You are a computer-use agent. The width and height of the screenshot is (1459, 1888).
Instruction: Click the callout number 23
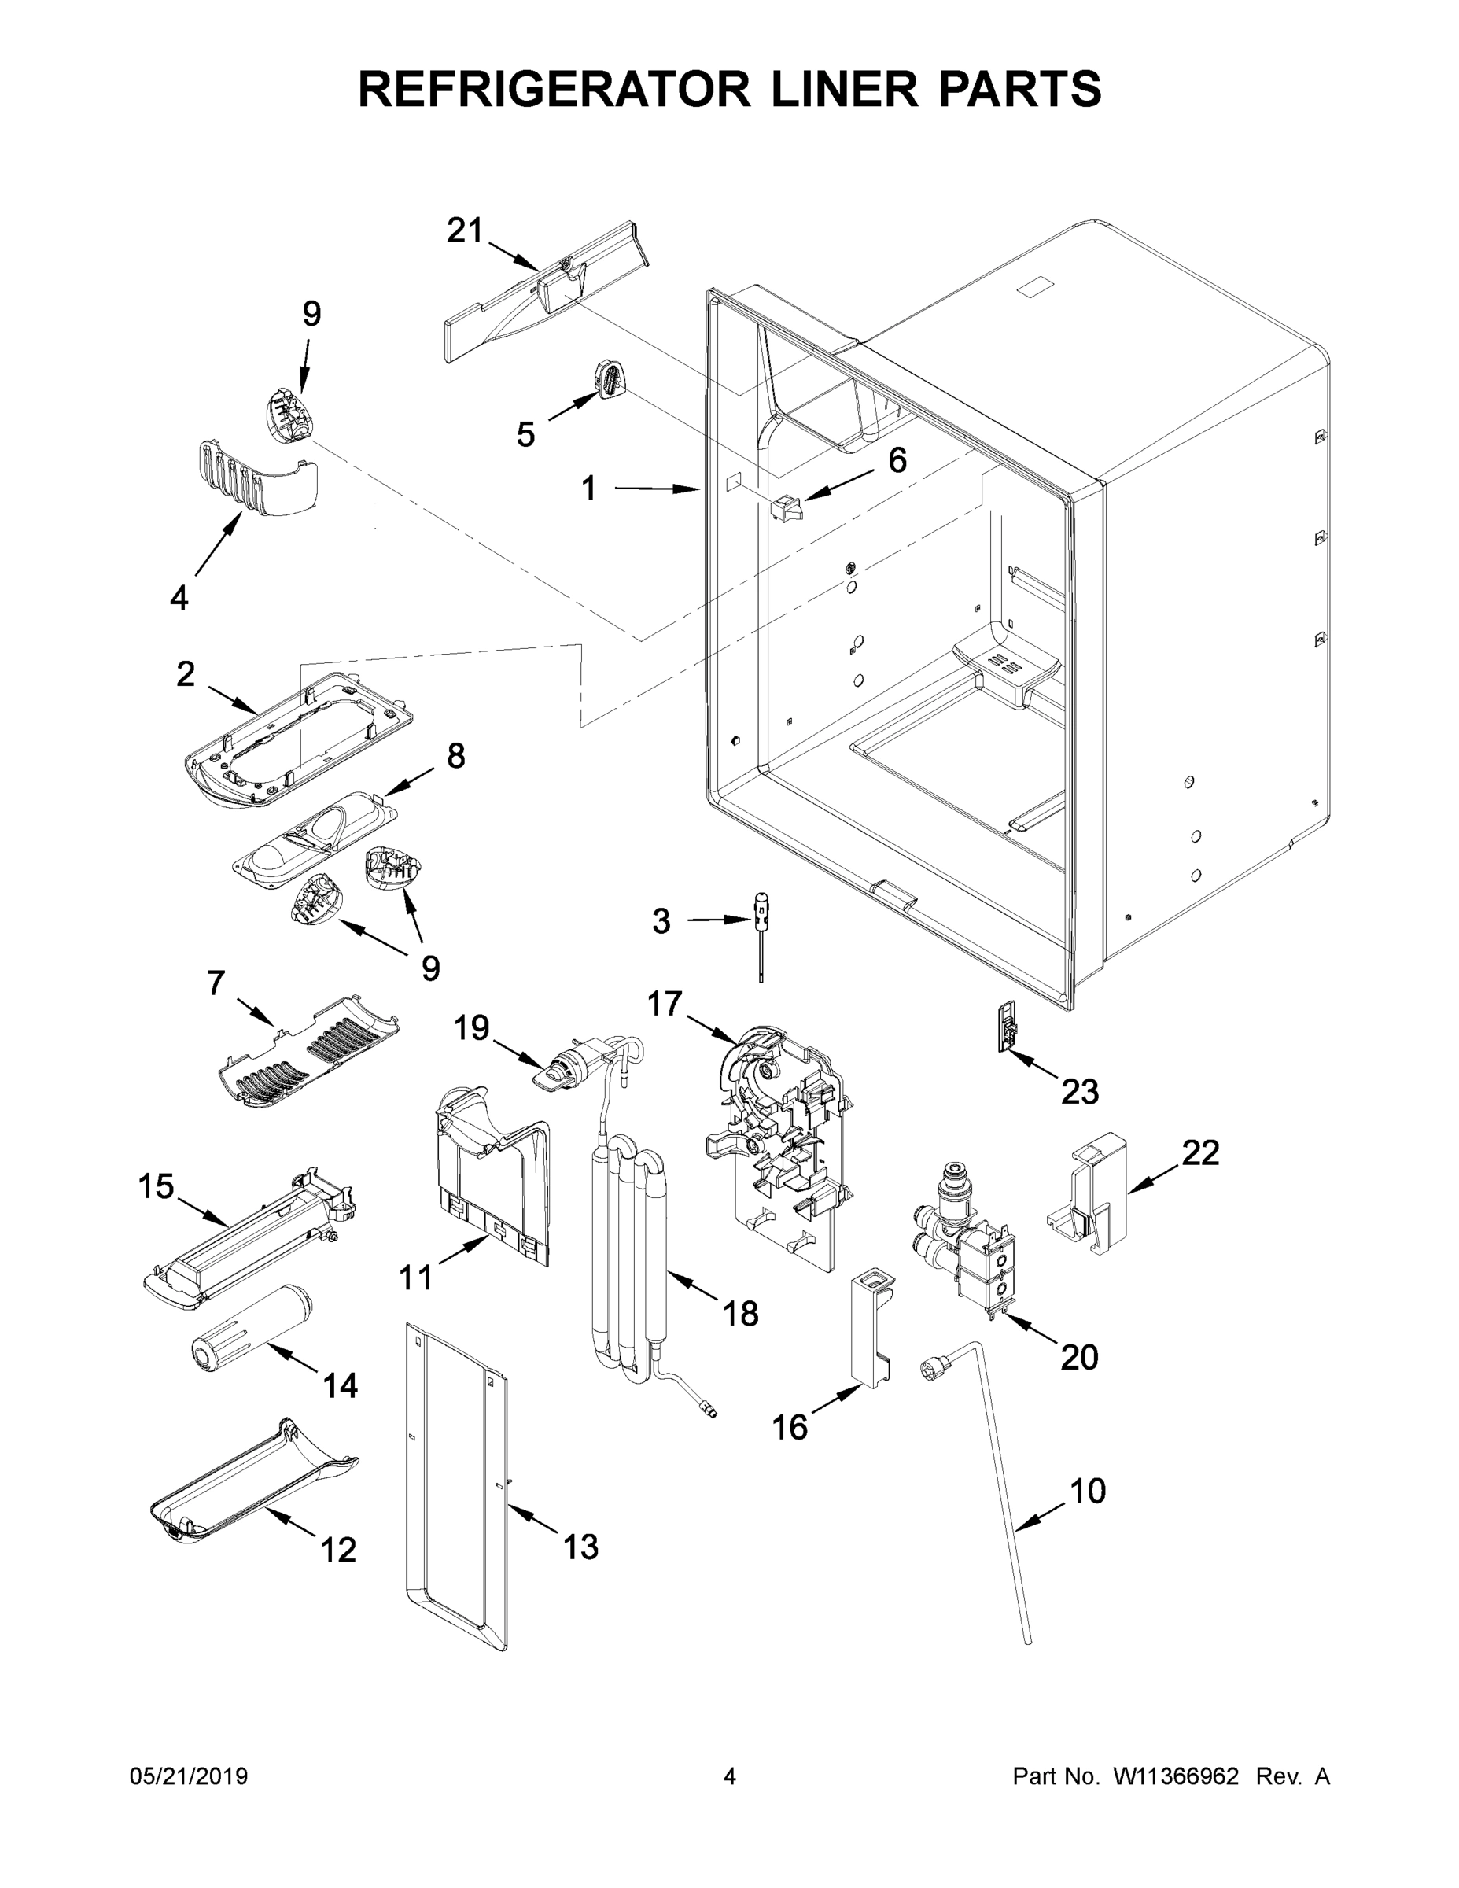(x=1080, y=1092)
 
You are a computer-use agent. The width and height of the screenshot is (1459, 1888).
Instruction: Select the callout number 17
(x=665, y=1004)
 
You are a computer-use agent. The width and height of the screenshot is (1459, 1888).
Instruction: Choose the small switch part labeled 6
(x=786, y=507)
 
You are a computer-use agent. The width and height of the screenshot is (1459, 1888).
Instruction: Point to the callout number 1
(x=588, y=489)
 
